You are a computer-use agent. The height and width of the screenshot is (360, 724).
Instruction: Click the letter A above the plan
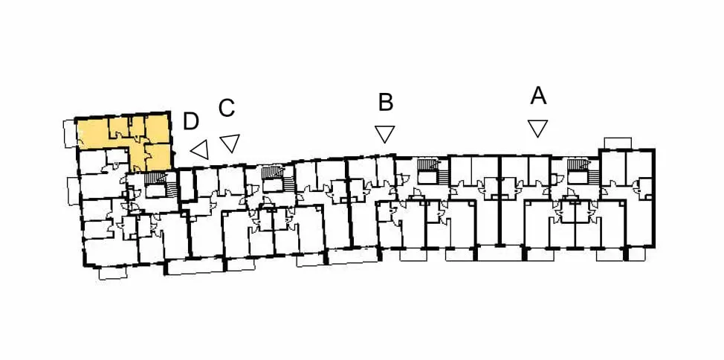538,96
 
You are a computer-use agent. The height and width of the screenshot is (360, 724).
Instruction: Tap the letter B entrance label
386,103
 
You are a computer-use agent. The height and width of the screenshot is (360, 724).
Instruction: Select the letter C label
227,108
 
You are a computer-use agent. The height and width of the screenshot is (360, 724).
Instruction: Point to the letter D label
191,121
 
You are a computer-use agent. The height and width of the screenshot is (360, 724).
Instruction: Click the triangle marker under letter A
538,128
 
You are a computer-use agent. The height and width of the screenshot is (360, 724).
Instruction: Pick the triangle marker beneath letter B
384,134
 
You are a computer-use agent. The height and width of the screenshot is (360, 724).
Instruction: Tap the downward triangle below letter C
230,142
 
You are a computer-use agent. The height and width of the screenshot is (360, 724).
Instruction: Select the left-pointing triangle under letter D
201,150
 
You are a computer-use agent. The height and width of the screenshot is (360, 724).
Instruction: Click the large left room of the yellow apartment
92,133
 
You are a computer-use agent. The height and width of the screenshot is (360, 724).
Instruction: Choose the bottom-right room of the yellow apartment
158,156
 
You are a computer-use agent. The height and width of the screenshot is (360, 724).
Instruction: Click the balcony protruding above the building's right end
618,144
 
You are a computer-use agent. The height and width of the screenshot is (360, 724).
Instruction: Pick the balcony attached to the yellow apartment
70,134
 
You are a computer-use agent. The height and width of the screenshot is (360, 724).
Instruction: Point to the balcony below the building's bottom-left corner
113,273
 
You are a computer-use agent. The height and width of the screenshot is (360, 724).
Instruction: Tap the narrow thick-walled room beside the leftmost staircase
187,185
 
